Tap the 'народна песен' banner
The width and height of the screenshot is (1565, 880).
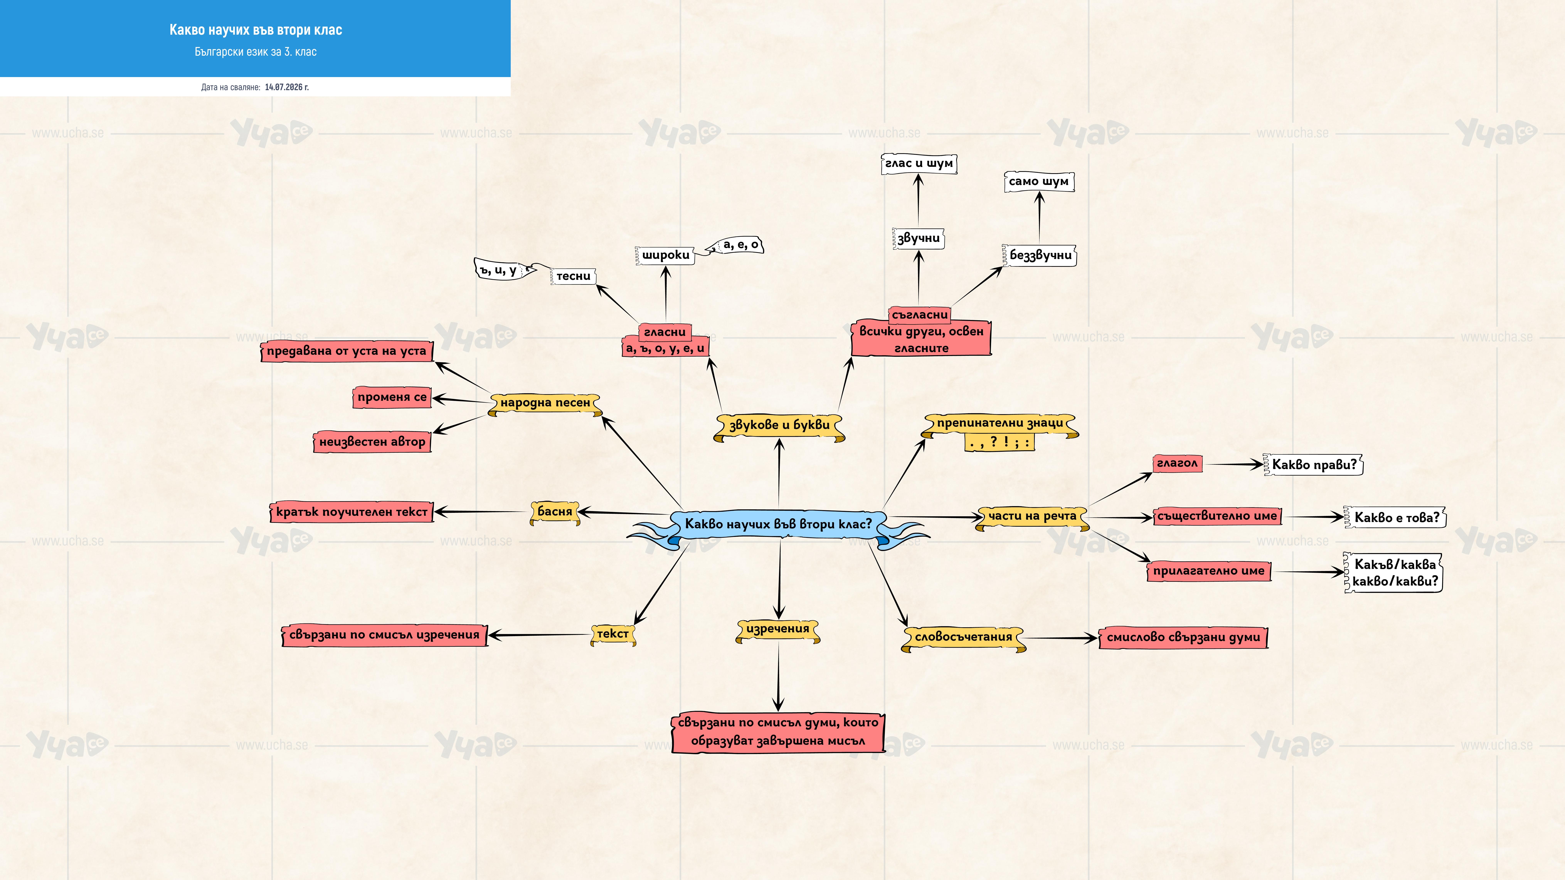point(545,403)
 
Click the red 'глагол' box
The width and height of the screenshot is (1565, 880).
point(1177,463)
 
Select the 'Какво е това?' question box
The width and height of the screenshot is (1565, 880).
point(1396,517)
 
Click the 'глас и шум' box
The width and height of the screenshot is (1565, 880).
point(919,164)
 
